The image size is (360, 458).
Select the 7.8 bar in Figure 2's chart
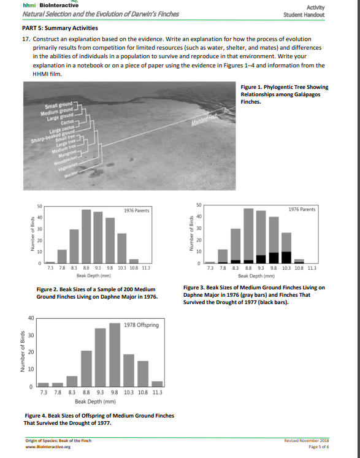point(62,257)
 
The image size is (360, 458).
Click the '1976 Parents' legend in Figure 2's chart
point(137,211)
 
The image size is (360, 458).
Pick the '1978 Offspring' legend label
point(142,324)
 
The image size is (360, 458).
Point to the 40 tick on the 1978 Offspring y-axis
point(29,317)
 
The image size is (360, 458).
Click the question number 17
point(17,39)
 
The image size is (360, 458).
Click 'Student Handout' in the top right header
point(335,14)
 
